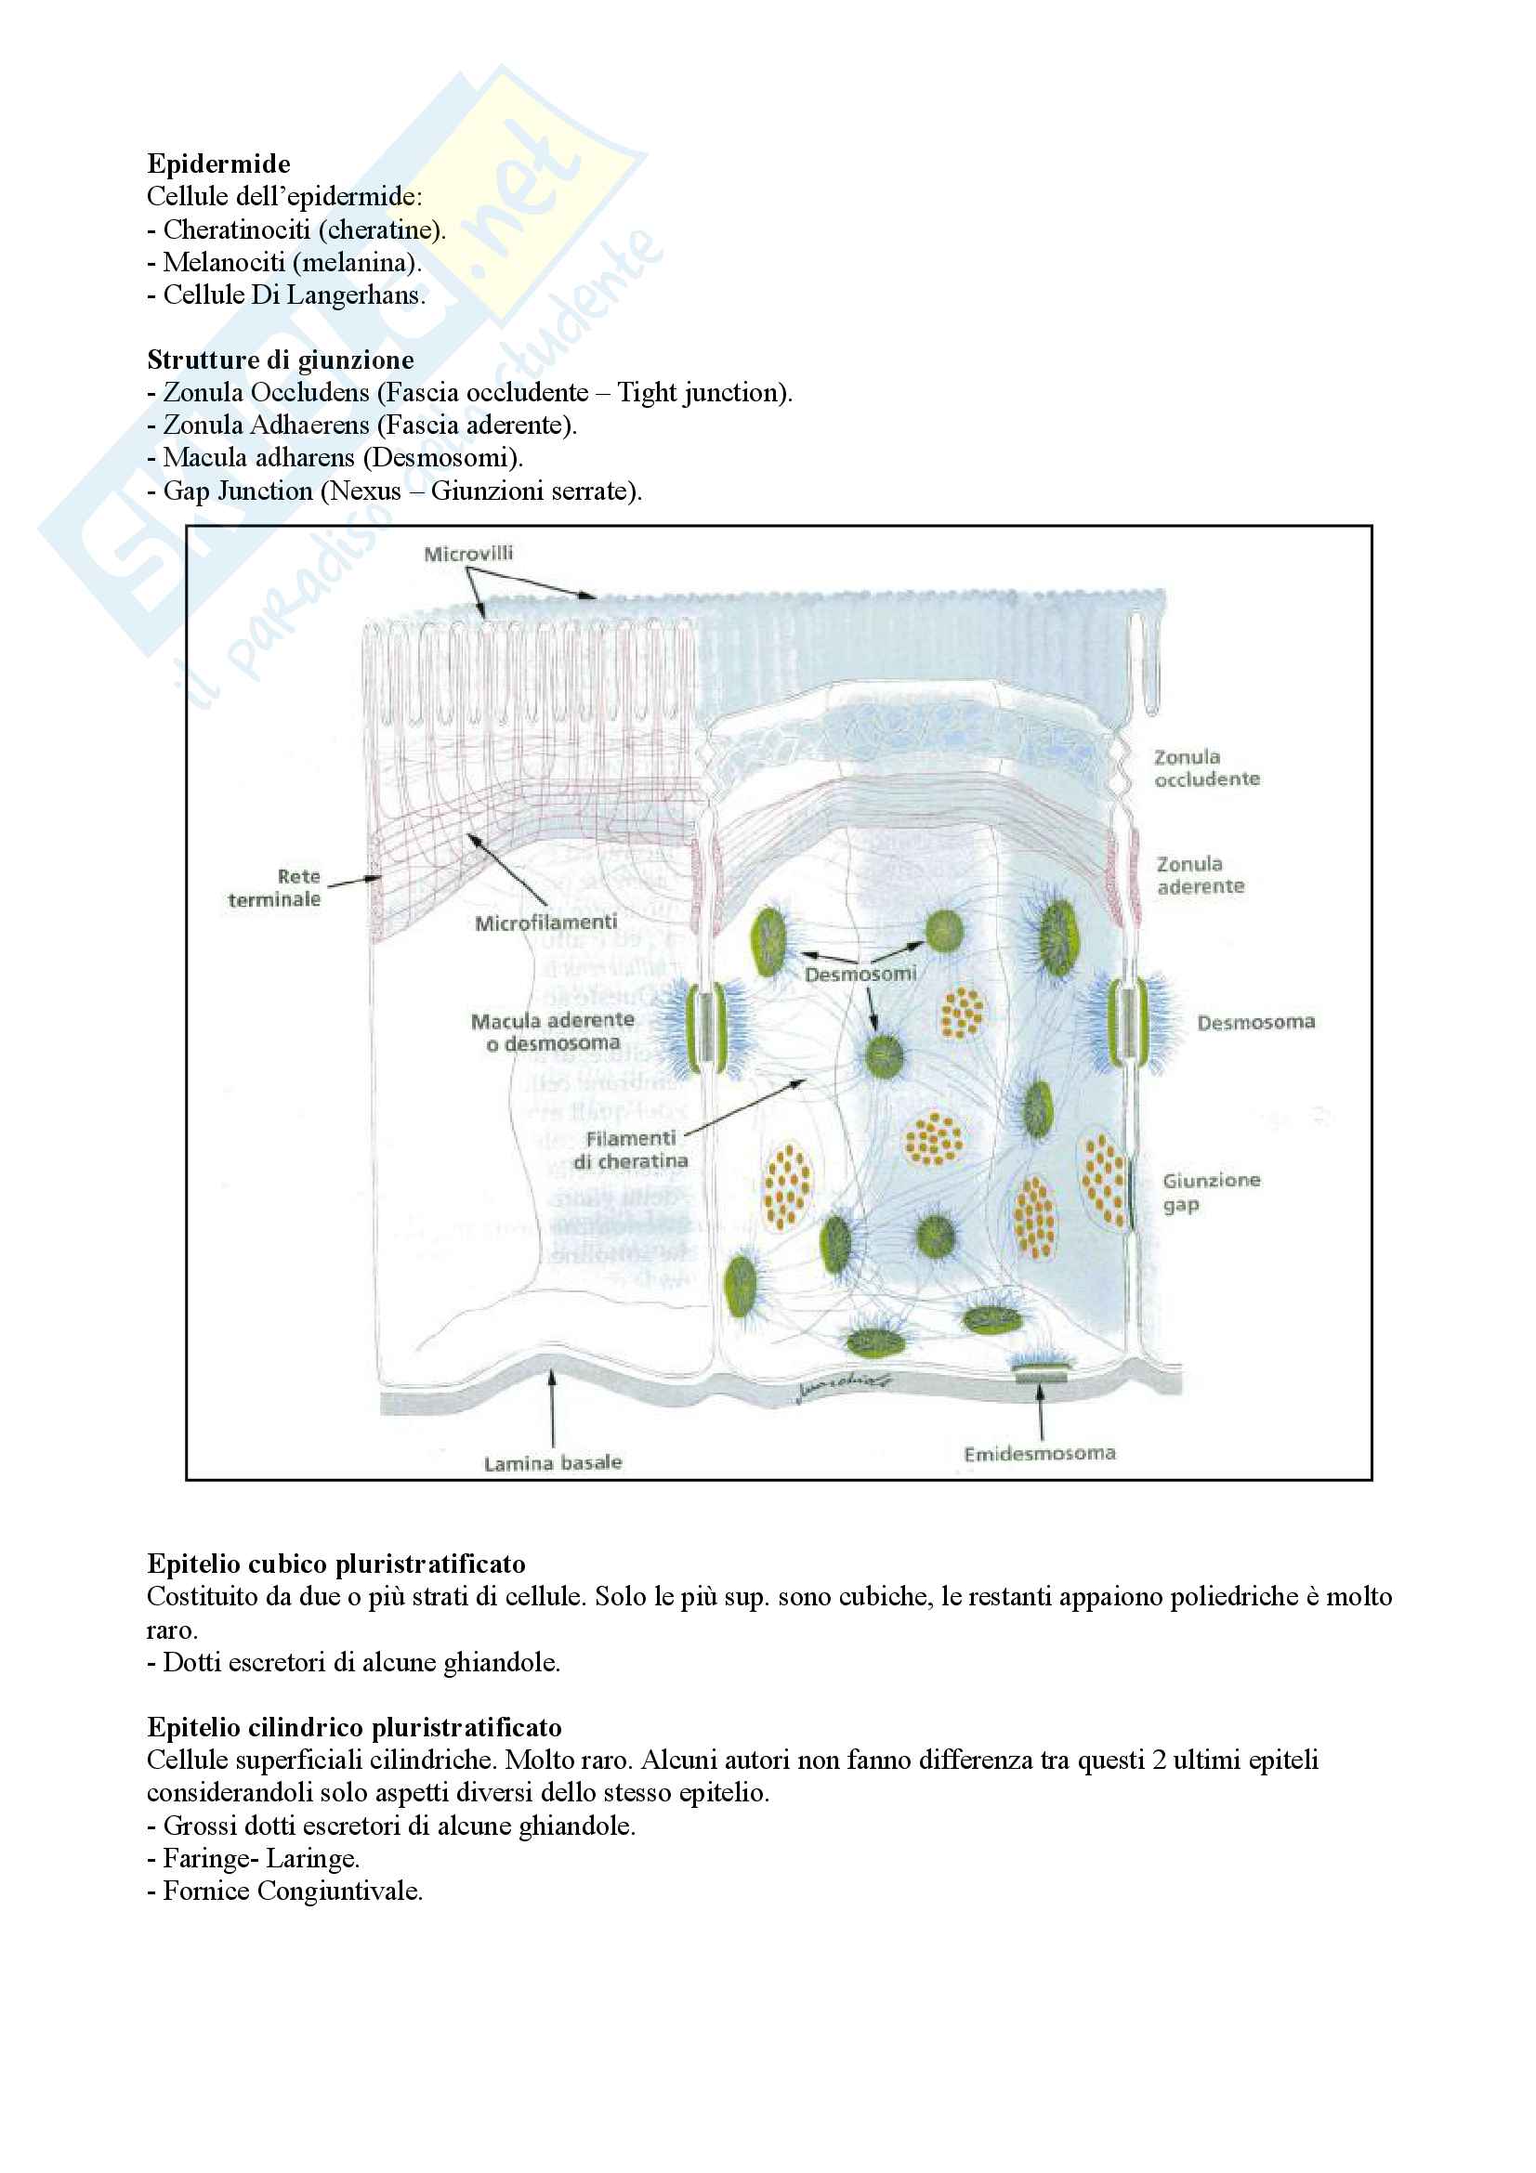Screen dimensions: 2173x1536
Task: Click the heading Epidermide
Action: [x=218, y=164]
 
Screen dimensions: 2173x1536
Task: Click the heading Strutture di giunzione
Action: [x=280, y=360]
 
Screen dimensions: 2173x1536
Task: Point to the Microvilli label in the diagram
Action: [x=467, y=554]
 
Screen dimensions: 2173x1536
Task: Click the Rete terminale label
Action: [x=275, y=888]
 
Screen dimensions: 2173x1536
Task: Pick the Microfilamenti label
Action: [x=546, y=923]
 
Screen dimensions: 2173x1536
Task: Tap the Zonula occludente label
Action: [x=1206, y=767]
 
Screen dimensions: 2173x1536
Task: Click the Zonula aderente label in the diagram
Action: [x=1199, y=875]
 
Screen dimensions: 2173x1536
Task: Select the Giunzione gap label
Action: [x=1211, y=1192]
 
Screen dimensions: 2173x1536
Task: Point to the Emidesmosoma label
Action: [x=1039, y=1454]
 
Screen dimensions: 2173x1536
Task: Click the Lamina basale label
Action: [x=553, y=1463]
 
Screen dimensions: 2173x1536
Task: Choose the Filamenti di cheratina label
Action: [x=630, y=1150]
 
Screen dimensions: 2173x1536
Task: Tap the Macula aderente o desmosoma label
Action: [x=553, y=1031]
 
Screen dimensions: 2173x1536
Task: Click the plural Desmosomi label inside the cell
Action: [x=860, y=974]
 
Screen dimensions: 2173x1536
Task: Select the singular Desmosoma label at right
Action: [x=1255, y=1022]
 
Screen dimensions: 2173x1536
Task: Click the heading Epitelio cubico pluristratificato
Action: [x=336, y=1564]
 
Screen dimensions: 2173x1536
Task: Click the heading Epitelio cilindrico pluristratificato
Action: [x=354, y=1727]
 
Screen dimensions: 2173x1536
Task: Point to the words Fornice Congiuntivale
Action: [x=293, y=1891]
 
